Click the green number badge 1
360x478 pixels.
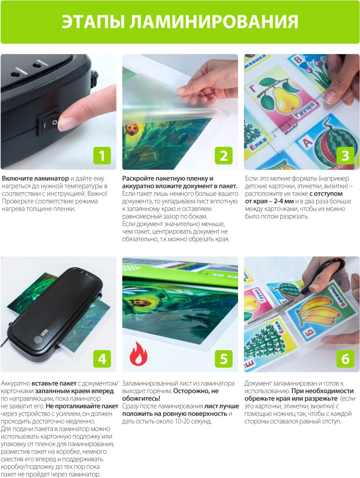coord(102,156)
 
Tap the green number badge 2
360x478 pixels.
coord(224,156)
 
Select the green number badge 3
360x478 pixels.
coord(345,156)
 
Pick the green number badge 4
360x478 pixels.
coord(102,358)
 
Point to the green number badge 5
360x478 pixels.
coord(224,358)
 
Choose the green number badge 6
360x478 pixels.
coord(345,358)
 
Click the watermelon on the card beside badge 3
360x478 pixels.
coord(335,144)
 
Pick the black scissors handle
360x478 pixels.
coord(330,269)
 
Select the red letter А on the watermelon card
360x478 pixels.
coord(307,142)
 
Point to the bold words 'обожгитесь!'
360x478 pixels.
coord(141,398)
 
